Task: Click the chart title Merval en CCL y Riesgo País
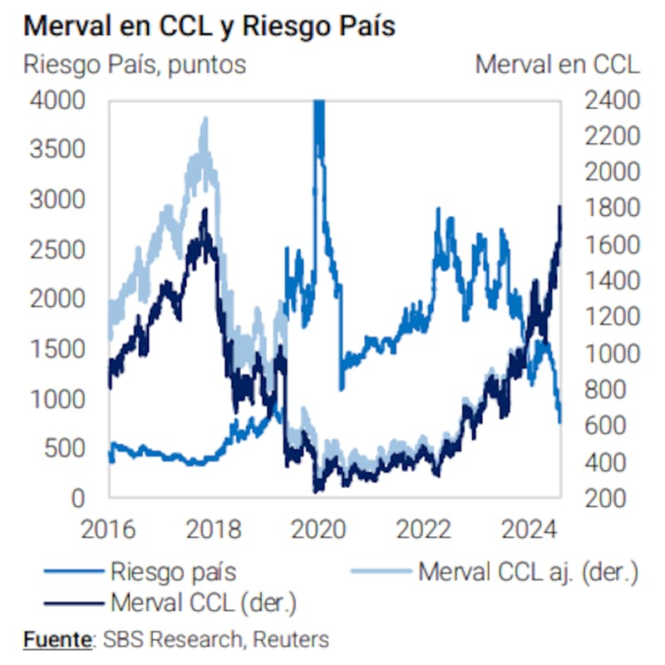[209, 26]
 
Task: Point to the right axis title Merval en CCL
[557, 65]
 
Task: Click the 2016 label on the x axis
[110, 530]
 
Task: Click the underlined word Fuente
[57, 639]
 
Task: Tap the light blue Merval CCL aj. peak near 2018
[204, 121]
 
